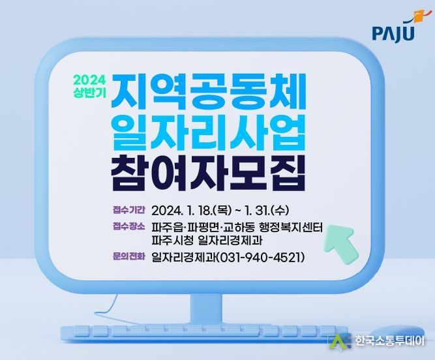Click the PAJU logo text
click(393, 34)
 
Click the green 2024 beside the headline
click(89, 80)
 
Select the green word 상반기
click(89, 93)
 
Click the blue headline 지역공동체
click(209, 91)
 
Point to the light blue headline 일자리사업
click(208, 132)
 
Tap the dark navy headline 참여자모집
click(208, 173)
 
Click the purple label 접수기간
click(128, 210)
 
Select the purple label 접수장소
click(128, 226)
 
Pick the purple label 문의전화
click(128, 256)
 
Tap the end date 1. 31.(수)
click(267, 211)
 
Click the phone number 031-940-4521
click(260, 258)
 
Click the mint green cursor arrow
click(342, 241)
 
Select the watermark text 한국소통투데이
click(389, 340)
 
